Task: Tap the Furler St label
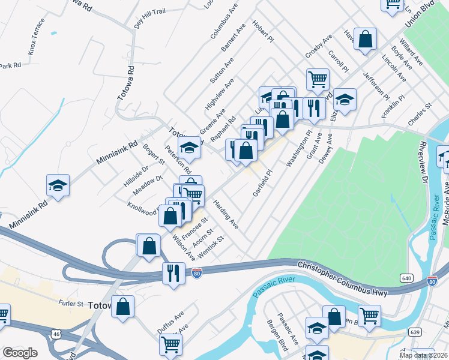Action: pyautogui.click(x=71, y=304)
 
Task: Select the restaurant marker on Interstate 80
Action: pyautogui.click(x=173, y=274)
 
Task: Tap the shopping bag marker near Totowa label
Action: pyautogui.click(x=123, y=307)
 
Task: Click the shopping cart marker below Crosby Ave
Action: pyautogui.click(x=317, y=79)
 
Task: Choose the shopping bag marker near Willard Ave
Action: pyautogui.click(x=365, y=40)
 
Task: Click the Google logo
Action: pyautogui.click(x=20, y=353)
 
